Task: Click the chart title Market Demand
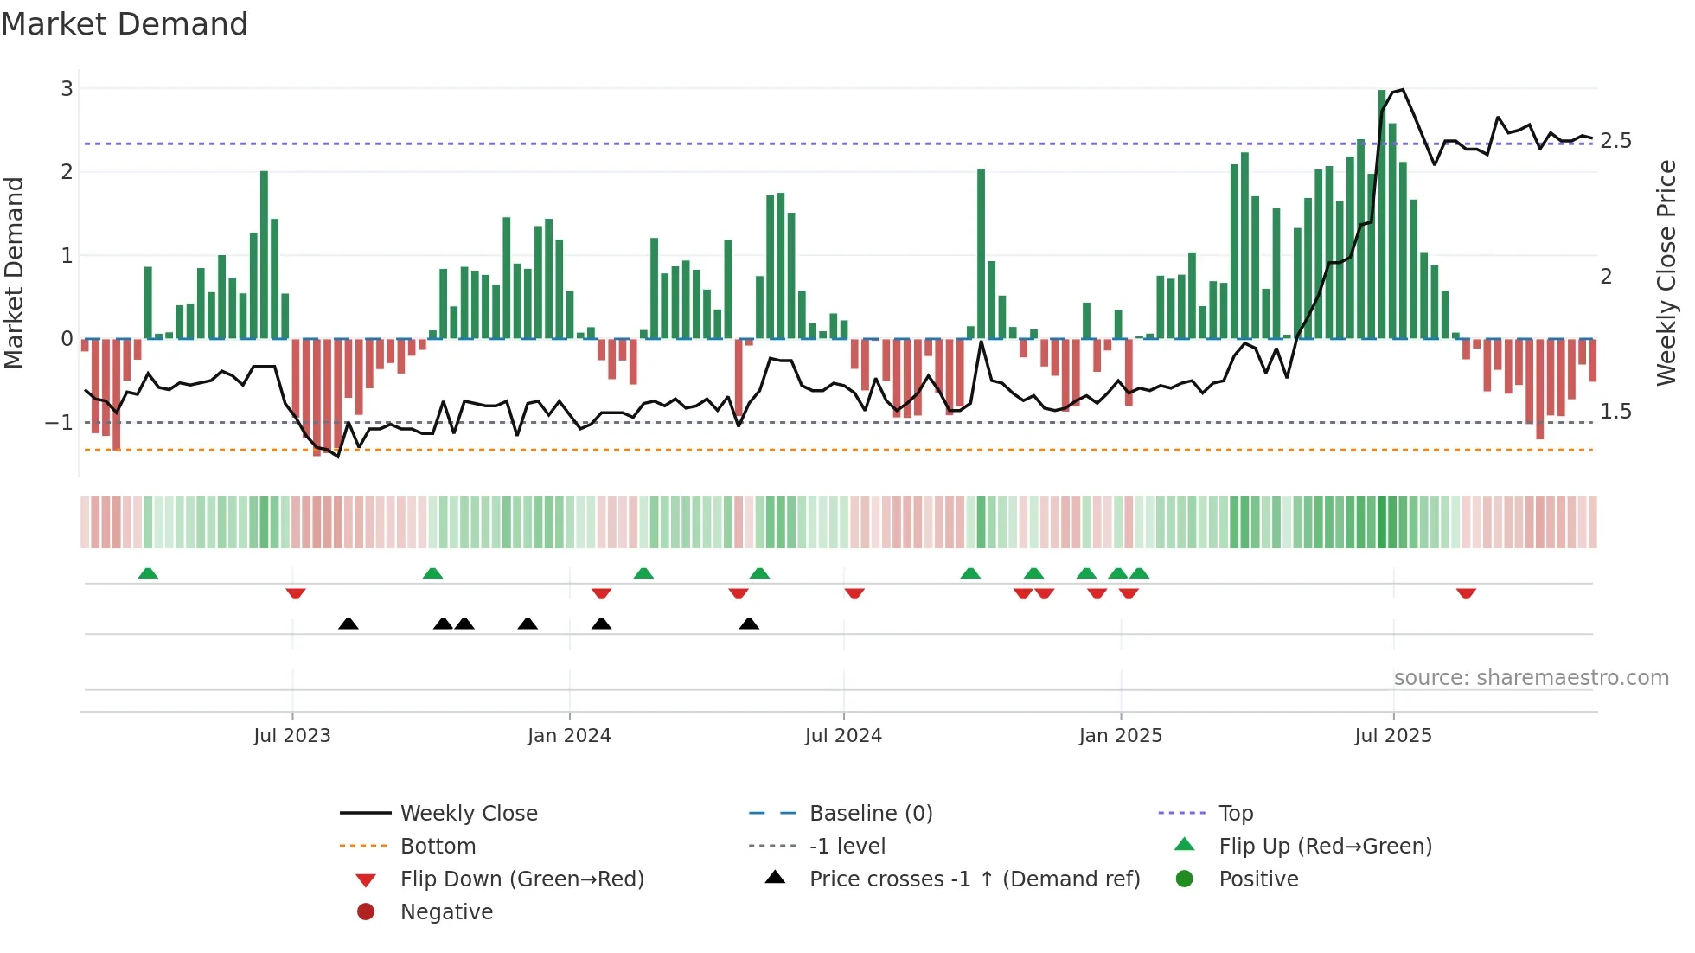(125, 24)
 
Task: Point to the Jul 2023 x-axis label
(292, 736)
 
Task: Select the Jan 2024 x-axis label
(569, 736)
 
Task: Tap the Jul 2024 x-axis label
(843, 736)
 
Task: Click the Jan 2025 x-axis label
(1121, 736)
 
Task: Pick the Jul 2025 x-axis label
(1393, 736)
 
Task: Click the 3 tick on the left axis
(67, 88)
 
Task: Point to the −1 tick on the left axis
(59, 423)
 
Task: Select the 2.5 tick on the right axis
(1615, 141)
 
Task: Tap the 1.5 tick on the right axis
(1615, 412)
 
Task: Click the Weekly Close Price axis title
(1666, 272)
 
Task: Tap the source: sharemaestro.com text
(1531, 678)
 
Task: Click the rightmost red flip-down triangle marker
(1466, 593)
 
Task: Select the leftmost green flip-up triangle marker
(148, 573)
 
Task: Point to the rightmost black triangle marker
(750, 624)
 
